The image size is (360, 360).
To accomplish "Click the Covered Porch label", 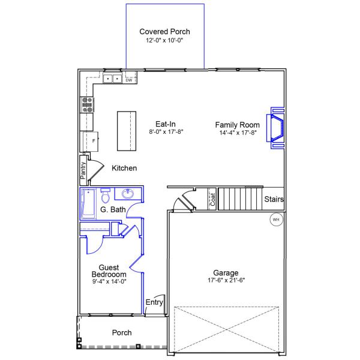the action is (164, 31).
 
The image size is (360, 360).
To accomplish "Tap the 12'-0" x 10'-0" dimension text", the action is (164, 40).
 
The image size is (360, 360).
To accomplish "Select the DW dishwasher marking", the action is (129, 80).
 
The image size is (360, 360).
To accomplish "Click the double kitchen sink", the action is (112, 79).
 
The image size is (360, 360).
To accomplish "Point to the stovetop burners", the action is (87, 105).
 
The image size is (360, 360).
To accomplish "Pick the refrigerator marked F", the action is (91, 142).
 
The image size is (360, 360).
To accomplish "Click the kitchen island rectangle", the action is (127, 131).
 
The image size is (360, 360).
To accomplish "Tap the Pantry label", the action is (83, 170).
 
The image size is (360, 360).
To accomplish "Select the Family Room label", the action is (238, 125).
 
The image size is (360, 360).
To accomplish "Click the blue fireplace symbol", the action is (276, 128).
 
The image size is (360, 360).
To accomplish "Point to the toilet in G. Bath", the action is (106, 196).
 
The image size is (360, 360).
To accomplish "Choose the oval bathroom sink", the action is (128, 194).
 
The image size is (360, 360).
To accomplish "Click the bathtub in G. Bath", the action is (88, 203).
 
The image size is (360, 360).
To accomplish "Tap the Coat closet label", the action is (213, 199).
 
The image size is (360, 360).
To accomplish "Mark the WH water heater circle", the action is (276, 220).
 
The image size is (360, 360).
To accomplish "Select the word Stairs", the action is (274, 199).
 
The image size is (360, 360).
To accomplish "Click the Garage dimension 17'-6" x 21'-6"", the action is (226, 280).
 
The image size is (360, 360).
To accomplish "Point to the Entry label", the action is (154, 302).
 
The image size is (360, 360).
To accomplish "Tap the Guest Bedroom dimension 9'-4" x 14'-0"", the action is (109, 281).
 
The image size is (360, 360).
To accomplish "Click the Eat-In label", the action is (166, 124).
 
